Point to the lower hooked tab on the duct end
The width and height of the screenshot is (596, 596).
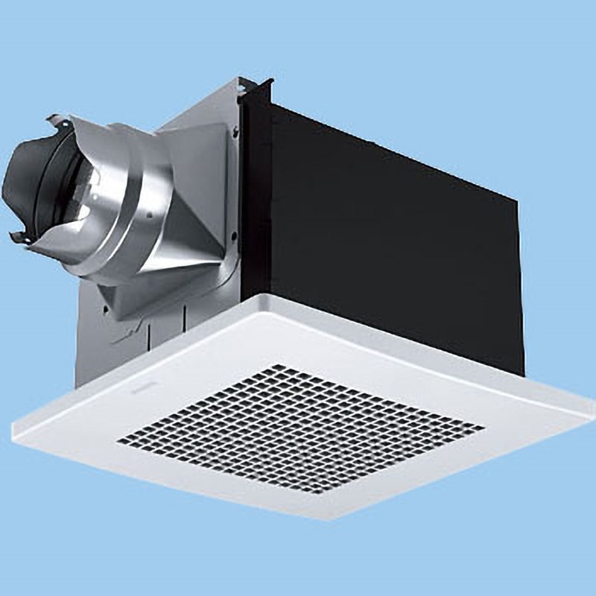[19, 238]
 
